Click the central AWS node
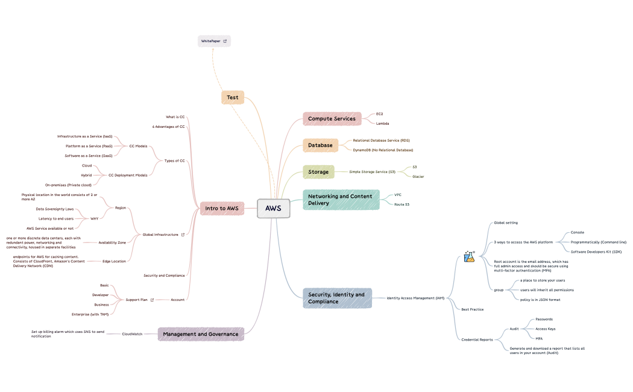pyautogui.click(x=273, y=208)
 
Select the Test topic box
pyautogui.click(x=232, y=97)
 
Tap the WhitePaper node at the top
pyautogui.click(x=214, y=41)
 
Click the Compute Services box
pyautogui.click(x=332, y=119)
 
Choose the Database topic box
pyautogui.click(x=320, y=145)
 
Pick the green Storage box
pyautogui.click(x=318, y=172)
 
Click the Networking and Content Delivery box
pyautogui.click(x=341, y=200)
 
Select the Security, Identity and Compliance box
pyautogui.click(x=337, y=298)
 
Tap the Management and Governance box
pyautogui.click(x=201, y=334)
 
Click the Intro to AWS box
pyautogui.click(x=222, y=208)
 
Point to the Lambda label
pyautogui.click(x=382, y=123)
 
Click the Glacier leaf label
pyautogui.click(x=418, y=177)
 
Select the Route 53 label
pyautogui.click(x=402, y=204)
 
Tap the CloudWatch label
pyautogui.click(x=132, y=334)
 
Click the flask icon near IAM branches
pyautogui.click(x=469, y=257)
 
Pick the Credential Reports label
pyautogui.click(x=477, y=340)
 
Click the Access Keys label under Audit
pyautogui.click(x=545, y=329)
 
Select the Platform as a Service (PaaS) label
pyautogui.click(x=89, y=146)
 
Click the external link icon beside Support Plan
pyautogui.click(x=152, y=300)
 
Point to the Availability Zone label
pyautogui.click(x=112, y=242)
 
